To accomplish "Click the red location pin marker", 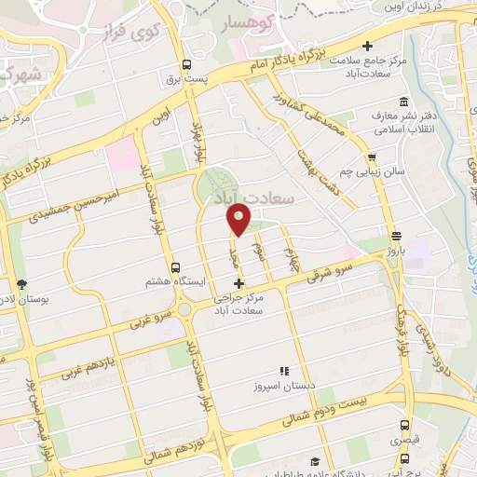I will pos(239,219).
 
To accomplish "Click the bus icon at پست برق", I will pos(186,65).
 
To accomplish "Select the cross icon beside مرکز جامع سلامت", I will pos(368,45).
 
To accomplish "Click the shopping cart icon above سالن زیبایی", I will pos(372,157).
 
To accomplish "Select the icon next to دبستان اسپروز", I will pos(284,371).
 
